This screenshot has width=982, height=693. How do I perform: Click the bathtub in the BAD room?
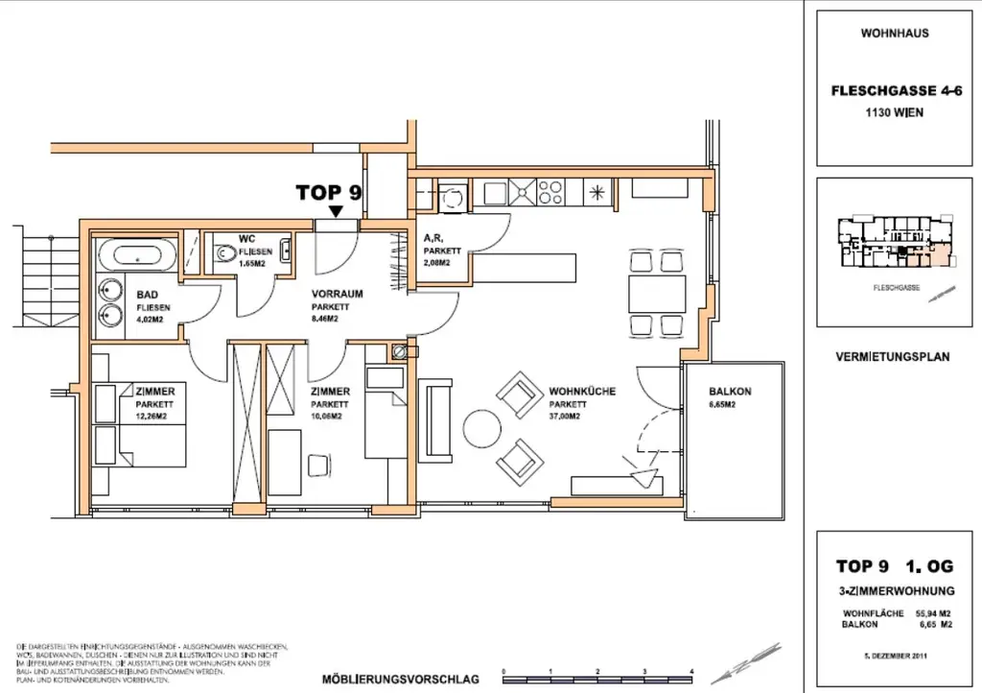pos(135,256)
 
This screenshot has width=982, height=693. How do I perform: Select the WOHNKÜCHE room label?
pos(581,392)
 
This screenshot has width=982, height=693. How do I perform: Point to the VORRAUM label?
pos(338,294)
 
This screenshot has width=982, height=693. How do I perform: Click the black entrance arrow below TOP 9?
pos(336,211)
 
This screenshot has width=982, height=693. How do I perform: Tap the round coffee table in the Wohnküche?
pos(480,426)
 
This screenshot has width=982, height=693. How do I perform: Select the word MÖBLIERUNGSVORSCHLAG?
pos(401,680)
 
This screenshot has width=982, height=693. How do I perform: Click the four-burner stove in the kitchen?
pos(550,192)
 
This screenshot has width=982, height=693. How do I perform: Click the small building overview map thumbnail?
pos(893,245)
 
